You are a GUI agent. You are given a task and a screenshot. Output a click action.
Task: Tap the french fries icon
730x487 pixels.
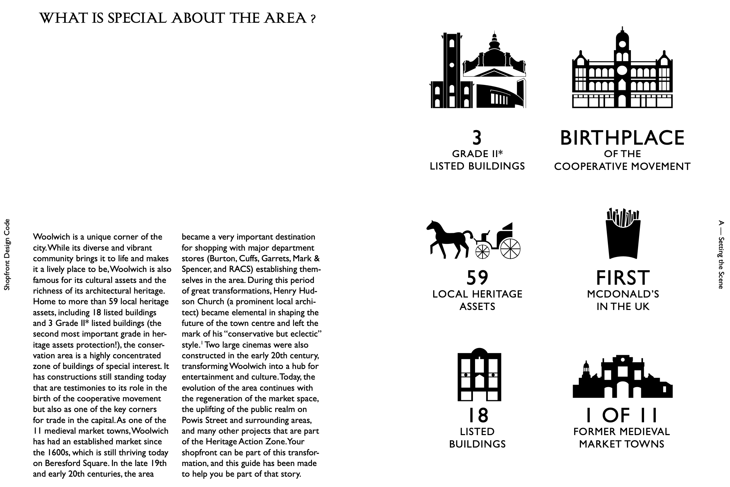click(623, 235)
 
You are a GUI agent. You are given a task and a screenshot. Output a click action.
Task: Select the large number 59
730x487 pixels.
click(477, 278)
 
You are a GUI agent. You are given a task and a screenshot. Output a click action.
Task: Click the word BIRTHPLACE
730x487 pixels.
click(622, 138)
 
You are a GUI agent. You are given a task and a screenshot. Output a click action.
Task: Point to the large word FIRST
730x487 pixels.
click(623, 278)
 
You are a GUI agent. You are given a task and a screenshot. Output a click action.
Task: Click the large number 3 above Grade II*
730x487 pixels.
click(477, 138)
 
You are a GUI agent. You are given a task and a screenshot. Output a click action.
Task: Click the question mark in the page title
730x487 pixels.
click(312, 20)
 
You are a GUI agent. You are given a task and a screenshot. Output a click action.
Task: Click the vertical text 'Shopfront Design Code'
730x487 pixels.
click(7, 255)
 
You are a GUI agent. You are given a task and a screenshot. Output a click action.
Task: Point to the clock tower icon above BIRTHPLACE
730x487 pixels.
click(622, 68)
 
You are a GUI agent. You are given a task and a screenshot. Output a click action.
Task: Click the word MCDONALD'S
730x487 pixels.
click(623, 294)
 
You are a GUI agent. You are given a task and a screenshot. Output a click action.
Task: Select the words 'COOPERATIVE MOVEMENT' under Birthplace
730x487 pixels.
click(622, 166)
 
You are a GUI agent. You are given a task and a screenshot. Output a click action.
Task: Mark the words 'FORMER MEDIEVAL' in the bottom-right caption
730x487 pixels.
click(621, 432)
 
